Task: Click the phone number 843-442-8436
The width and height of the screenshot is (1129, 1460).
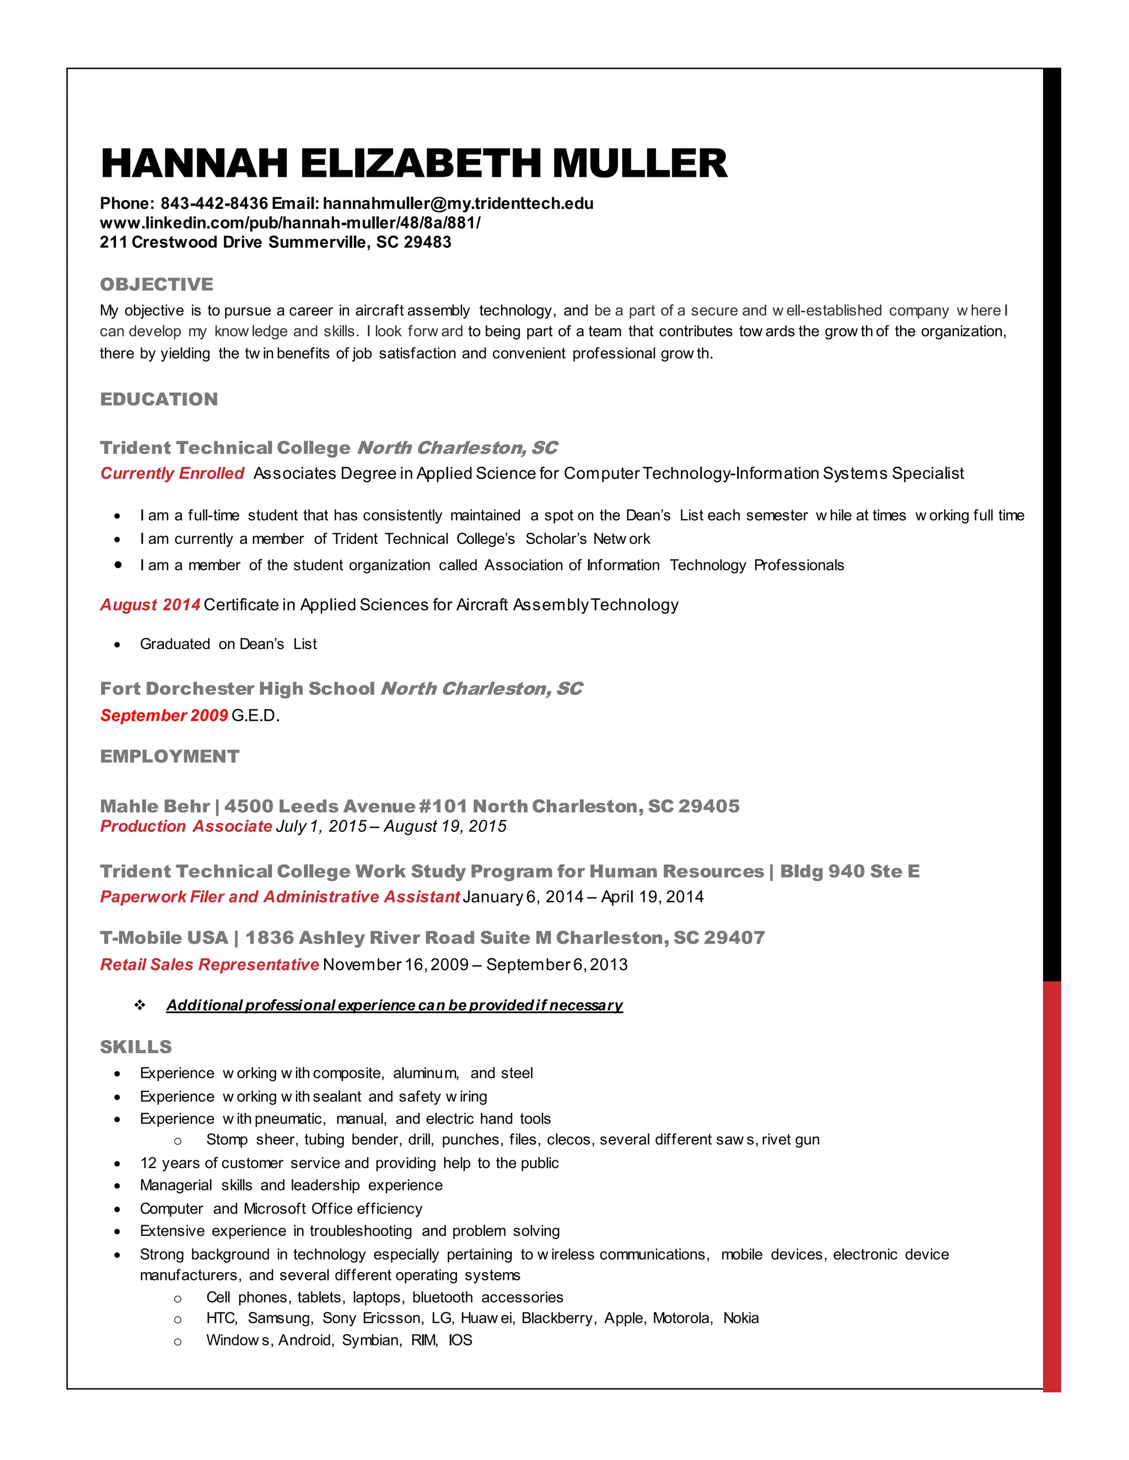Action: pyautogui.click(x=214, y=203)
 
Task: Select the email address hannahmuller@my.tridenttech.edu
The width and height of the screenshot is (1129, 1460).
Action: pyautogui.click(x=458, y=203)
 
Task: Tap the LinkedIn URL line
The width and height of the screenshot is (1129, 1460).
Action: pyautogui.click(x=289, y=223)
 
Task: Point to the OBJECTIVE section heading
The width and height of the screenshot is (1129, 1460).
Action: pyautogui.click(x=157, y=284)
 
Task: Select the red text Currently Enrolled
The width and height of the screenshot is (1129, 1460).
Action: pyautogui.click(x=172, y=473)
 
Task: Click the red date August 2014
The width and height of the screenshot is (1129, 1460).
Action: pyautogui.click(x=150, y=604)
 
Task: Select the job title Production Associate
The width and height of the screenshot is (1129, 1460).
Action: pyautogui.click(x=186, y=826)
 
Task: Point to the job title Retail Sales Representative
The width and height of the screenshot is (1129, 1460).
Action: pyautogui.click(x=209, y=965)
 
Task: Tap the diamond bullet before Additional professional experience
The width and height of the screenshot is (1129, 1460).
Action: pyautogui.click(x=140, y=1005)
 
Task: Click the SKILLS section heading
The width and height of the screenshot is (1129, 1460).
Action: pyautogui.click(x=136, y=1047)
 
